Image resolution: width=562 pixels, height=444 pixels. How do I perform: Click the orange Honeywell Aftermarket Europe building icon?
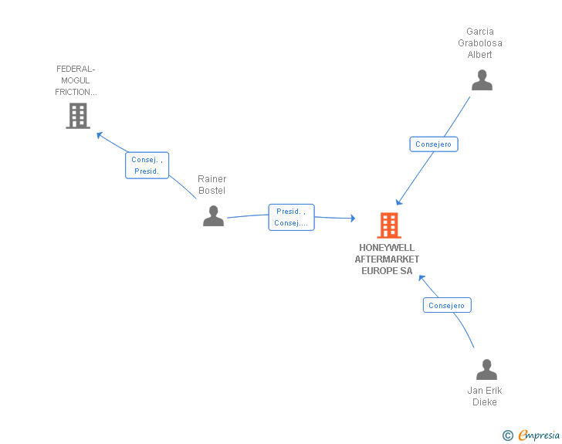tap(389, 225)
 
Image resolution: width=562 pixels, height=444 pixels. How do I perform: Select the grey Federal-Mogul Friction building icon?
tap(78, 116)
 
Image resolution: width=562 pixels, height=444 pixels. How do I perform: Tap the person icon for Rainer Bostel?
tap(213, 215)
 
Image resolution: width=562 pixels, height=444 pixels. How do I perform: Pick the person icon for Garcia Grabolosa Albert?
tap(482, 80)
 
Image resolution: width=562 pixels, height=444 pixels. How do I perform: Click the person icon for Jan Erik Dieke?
tap(486, 369)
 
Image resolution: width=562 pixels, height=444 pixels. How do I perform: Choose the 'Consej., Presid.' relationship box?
tap(147, 165)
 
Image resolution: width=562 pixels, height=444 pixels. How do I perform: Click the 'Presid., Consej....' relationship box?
tap(291, 217)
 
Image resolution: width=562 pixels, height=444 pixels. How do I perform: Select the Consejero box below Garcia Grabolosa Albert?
tap(434, 144)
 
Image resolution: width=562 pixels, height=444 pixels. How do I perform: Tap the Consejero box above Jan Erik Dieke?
tap(447, 305)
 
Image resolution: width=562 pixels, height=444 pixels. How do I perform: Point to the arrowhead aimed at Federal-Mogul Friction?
tap(100, 135)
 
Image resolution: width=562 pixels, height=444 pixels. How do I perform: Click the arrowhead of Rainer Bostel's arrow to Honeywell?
tap(353, 218)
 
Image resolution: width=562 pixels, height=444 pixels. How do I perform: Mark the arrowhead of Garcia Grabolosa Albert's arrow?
tap(398, 202)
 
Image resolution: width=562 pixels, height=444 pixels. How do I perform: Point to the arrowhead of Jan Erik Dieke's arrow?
tap(421, 277)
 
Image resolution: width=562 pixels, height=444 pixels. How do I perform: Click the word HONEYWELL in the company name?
tap(387, 247)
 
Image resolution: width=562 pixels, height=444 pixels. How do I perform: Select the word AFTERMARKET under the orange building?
tap(387, 259)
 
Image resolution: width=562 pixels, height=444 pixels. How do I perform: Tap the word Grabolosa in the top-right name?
tap(480, 43)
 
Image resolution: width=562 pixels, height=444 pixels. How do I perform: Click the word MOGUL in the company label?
tap(76, 80)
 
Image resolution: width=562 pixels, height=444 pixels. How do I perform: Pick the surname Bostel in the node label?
tap(212, 191)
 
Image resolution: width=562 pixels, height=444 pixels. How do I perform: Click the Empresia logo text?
tap(539, 435)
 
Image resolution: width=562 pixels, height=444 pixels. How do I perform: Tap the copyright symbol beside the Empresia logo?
tap(508, 436)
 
